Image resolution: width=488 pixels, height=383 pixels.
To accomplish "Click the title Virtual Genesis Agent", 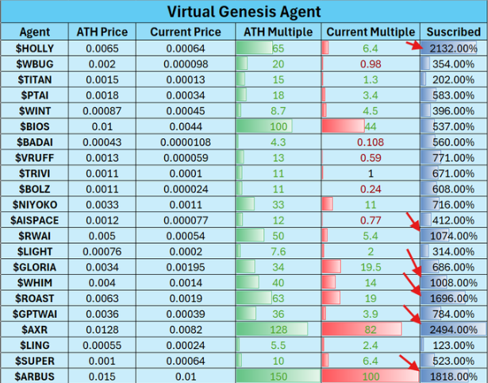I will point(244,12).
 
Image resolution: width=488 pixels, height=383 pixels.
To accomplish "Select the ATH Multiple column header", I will point(279,32).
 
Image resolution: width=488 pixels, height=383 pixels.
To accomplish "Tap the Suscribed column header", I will point(452,32).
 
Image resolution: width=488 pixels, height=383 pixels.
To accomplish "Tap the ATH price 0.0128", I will point(102,329).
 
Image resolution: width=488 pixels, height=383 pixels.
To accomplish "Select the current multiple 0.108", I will point(370,141).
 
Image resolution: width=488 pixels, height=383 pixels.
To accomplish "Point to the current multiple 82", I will point(370,329).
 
